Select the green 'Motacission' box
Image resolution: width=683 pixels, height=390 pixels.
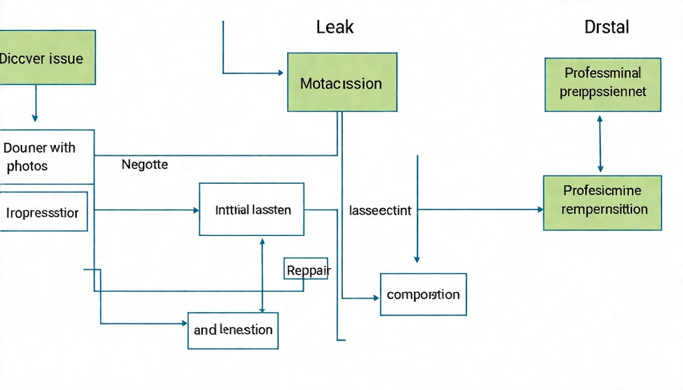tap(342, 82)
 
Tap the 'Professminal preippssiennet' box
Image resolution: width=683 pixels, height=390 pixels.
tap(603, 84)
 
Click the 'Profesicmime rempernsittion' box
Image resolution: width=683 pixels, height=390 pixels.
tap(602, 203)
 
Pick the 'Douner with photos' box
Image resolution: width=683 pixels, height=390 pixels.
tap(47, 157)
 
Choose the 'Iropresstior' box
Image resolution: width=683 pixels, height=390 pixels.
tap(43, 211)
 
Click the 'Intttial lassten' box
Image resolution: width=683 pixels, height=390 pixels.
tap(252, 209)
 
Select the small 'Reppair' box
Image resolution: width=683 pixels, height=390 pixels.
tap(305, 268)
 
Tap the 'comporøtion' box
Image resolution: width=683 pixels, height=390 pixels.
tap(423, 295)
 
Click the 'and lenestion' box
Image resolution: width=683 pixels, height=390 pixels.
tap(233, 330)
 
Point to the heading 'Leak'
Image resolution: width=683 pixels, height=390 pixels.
tap(335, 27)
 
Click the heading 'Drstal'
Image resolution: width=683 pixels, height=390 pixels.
tap(607, 27)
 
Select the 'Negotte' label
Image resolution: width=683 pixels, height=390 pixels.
tap(145, 165)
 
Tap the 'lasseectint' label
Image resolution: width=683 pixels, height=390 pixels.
tap(380, 210)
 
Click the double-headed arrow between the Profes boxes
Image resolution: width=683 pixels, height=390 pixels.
tap(600, 144)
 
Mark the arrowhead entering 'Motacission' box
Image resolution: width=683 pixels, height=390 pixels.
tap(280, 73)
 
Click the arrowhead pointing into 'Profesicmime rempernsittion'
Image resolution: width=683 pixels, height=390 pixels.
tap(540, 209)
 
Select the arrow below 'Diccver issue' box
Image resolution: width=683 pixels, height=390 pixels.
tap(35, 103)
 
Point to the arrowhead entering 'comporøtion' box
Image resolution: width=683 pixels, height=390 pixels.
tap(377, 298)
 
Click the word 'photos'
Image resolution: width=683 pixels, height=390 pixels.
tap(27, 166)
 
